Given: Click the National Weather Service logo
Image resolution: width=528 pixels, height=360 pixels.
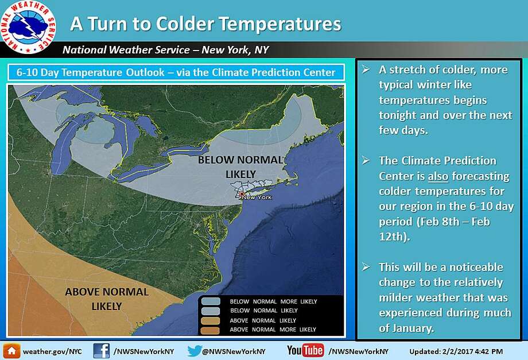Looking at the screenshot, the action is [x=28, y=26].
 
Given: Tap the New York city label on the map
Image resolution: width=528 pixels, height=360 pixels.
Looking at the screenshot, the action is [x=257, y=198].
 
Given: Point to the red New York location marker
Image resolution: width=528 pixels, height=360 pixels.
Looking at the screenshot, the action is [x=242, y=194].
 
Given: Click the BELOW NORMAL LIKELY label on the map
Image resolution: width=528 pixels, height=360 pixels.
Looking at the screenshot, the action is [x=240, y=167].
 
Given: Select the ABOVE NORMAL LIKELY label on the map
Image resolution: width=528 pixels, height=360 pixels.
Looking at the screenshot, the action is [x=107, y=299].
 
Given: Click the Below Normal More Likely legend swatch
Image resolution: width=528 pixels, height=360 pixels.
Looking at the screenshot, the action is [x=211, y=301].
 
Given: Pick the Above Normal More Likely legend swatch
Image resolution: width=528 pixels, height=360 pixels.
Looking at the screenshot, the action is [x=211, y=330].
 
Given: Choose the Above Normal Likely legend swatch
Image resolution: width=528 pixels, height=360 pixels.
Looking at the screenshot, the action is [x=211, y=320].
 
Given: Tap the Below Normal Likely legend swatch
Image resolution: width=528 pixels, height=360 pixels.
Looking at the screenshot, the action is [x=211, y=311].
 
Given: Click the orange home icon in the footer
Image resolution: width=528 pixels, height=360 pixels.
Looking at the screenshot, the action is [x=12, y=351].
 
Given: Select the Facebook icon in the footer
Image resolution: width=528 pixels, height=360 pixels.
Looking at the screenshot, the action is [x=102, y=351].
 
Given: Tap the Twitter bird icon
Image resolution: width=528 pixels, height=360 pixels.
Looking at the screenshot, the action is [x=195, y=351].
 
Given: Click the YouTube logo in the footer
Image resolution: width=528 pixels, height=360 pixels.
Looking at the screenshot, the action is [x=305, y=351].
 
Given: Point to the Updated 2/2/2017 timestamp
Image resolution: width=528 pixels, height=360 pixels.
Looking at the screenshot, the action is [x=456, y=351].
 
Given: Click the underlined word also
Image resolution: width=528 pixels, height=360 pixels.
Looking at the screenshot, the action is [x=438, y=176].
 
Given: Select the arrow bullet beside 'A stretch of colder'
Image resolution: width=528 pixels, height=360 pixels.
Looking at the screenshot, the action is [x=366, y=69].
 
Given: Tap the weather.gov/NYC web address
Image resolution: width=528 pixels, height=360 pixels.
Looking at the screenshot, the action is [x=52, y=351].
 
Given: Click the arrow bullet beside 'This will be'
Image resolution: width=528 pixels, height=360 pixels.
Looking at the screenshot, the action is [x=366, y=268].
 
